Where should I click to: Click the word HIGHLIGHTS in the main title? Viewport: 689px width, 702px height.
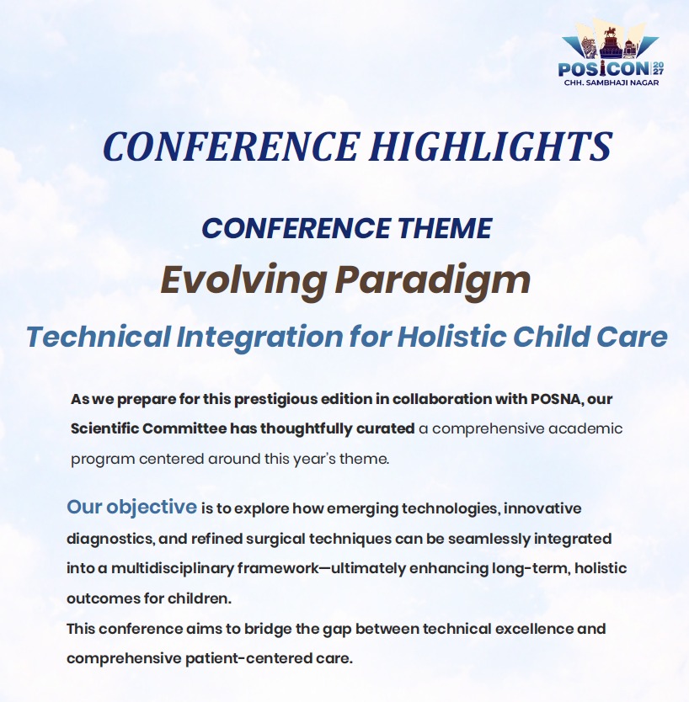coord(491,146)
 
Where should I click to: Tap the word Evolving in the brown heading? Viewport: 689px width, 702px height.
coord(243,280)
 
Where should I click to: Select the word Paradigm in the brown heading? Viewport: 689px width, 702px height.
coord(433,280)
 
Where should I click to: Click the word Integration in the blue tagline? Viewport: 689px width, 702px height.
coord(259,338)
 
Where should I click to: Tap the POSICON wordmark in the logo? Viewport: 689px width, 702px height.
coord(604,69)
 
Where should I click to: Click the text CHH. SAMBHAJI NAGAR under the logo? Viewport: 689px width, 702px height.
coord(611,82)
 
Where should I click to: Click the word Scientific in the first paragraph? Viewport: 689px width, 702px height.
coord(104,428)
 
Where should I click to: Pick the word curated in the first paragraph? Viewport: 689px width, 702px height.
coord(385,429)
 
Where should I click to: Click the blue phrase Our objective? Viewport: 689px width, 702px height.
coord(131,508)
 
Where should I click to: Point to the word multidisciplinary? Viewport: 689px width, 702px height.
coord(173,568)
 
